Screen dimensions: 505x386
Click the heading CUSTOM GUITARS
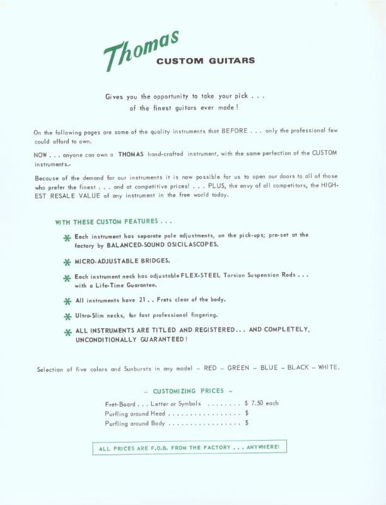[206, 61]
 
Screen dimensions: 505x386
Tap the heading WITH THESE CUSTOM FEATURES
[114, 222]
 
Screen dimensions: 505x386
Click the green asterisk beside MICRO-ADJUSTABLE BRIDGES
[67, 261]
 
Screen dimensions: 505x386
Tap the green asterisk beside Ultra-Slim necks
[67, 316]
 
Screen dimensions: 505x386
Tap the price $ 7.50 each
[261, 403]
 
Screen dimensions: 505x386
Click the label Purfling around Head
[136, 413]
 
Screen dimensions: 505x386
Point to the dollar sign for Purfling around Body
[247, 424]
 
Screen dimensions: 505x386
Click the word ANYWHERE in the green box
[264, 448]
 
